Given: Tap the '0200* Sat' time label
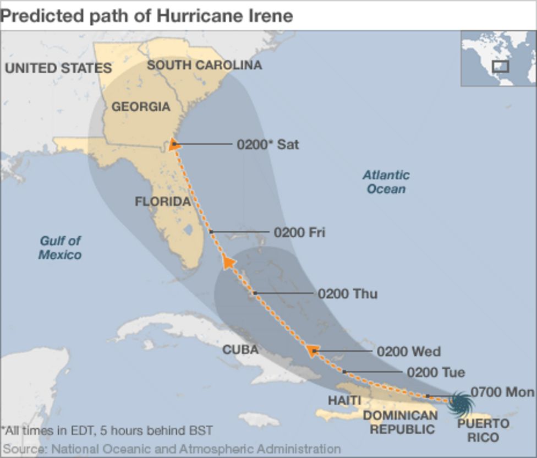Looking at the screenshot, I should (268, 144).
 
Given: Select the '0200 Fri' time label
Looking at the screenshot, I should (299, 232).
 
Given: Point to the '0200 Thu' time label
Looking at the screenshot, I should (347, 293).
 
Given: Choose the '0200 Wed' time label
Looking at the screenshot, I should (408, 351).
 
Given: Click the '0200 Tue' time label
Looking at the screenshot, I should (436, 373).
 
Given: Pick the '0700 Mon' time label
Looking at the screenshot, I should (502, 392).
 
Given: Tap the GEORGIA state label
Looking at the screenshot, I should (141, 107).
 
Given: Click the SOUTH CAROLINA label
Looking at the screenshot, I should (204, 65).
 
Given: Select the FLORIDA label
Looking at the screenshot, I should (163, 201).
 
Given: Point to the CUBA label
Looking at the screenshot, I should (240, 350).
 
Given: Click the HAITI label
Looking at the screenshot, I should (344, 400).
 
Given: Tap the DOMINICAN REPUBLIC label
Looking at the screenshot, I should (400, 422).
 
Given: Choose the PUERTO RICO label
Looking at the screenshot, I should (483, 430).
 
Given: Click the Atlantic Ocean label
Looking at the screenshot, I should (386, 182).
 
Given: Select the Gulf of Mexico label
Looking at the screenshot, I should (60, 247).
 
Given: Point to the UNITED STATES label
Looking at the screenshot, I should (58, 68).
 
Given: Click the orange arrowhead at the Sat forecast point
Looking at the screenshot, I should (174, 144).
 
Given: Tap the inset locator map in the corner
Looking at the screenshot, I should (497, 59).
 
